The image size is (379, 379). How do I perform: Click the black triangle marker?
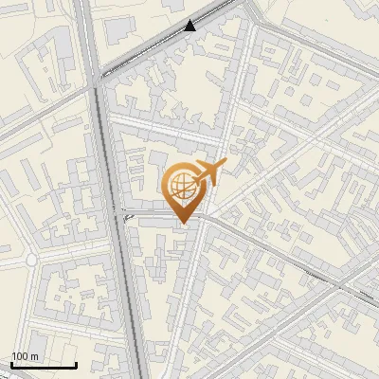tap(190, 26)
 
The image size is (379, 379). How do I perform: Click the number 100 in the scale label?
tap(19, 356)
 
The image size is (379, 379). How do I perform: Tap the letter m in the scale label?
tap(34, 356)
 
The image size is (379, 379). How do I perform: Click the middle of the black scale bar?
tap(44, 365)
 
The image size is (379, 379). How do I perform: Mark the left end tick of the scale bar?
tap(11, 364)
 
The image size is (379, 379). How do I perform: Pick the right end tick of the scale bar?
tap(76, 364)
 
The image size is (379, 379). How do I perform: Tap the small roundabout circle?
tap(31, 259)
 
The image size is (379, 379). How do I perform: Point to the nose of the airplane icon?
tap(226, 165)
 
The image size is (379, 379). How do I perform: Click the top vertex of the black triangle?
tap(190, 20)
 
